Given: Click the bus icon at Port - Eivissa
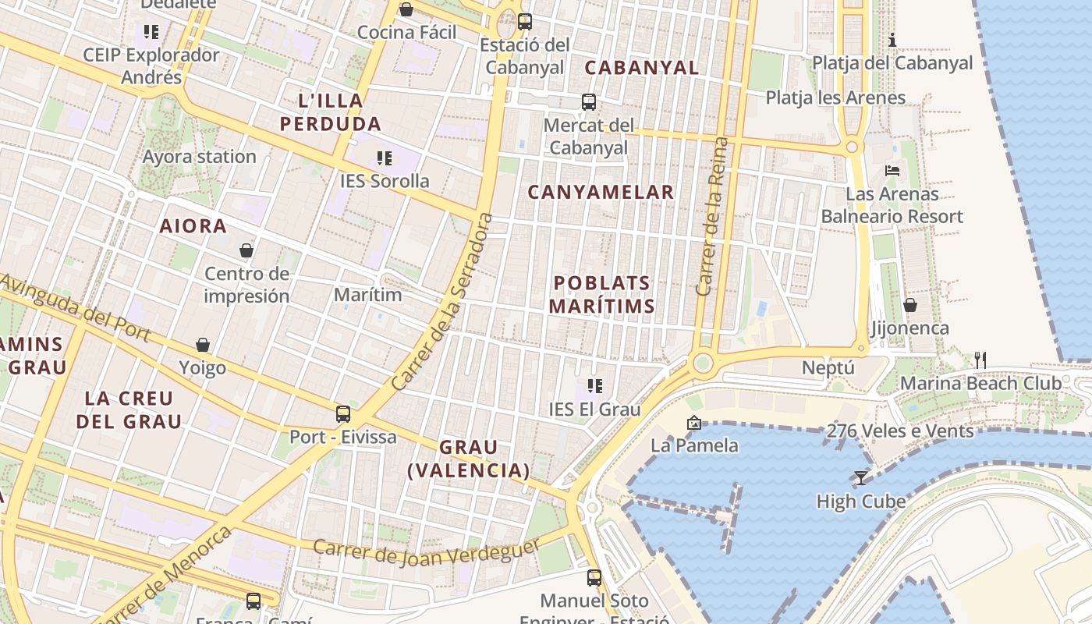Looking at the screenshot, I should [x=342, y=414].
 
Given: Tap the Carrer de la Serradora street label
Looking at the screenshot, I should [x=443, y=303].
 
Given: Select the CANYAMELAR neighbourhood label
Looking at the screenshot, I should [x=601, y=192].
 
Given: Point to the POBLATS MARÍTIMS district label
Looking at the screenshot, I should [x=601, y=294].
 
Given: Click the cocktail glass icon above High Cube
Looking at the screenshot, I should [x=861, y=477].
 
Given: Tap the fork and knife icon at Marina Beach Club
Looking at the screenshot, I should [x=980, y=360].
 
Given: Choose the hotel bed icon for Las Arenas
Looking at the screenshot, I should [x=892, y=171].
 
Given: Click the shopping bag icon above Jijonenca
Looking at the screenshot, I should [x=909, y=305].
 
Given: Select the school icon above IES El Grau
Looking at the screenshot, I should [x=595, y=385].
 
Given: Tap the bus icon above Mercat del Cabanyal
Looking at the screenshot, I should [x=589, y=102].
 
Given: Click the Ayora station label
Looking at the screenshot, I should [x=199, y=157].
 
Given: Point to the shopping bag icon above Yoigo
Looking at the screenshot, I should [x=203, y=345].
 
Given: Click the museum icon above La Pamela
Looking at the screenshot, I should [x=693, y=423].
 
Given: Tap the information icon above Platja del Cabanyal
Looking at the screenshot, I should [x=893, y=40].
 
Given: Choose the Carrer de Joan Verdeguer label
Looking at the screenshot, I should [x=427, y=552].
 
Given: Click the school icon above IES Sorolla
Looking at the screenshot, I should [x=384, y=158].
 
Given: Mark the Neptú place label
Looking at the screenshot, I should [x=828, y=368].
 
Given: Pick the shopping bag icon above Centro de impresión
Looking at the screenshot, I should [x=246, y=250].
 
